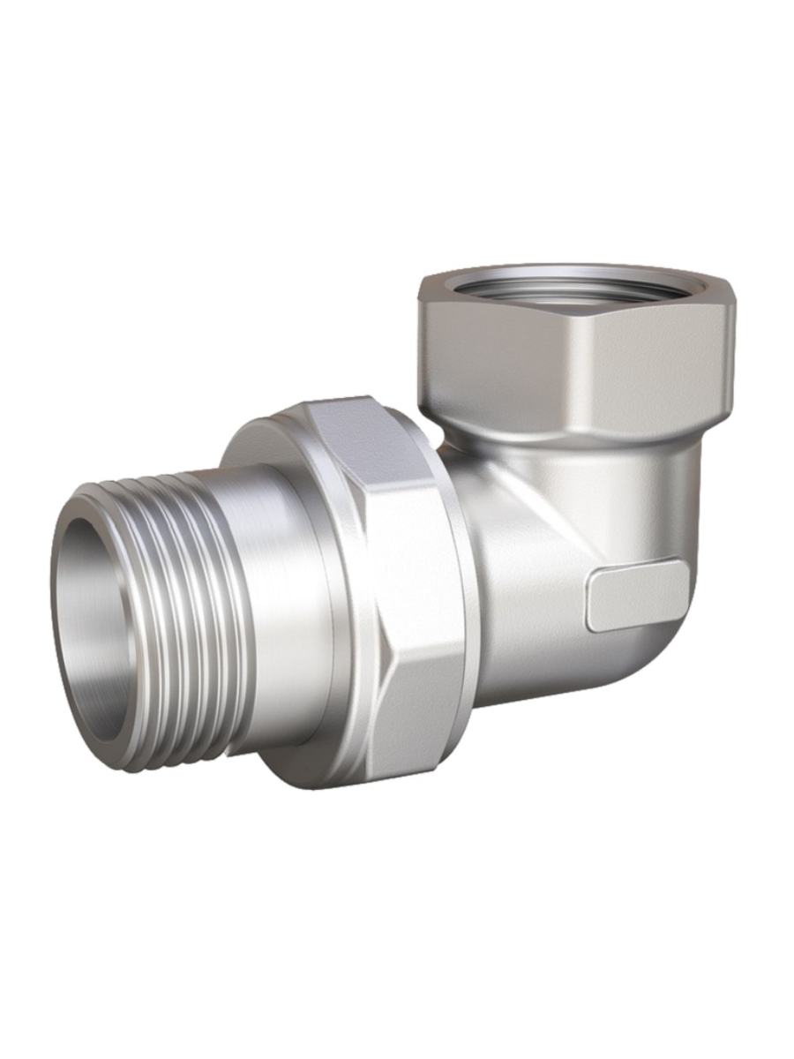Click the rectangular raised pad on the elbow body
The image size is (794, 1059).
point(635,596)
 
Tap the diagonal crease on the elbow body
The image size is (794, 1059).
point(538,521)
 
